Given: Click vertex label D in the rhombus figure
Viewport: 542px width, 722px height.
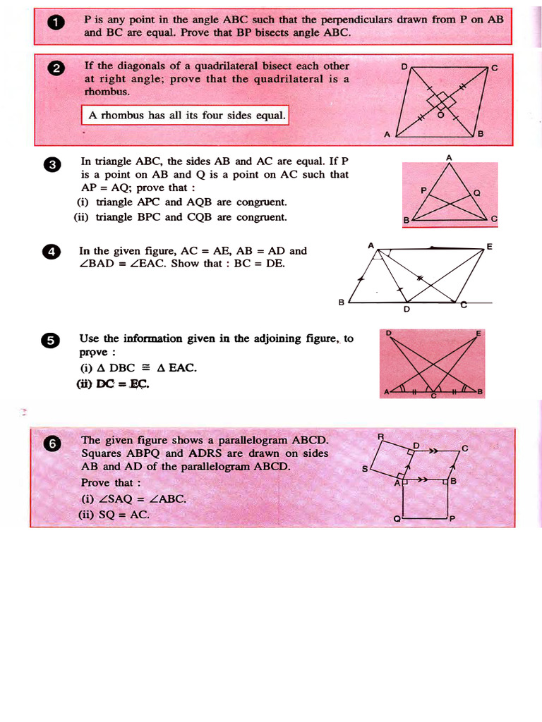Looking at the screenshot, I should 404,67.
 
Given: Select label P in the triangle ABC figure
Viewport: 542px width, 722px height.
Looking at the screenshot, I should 423,190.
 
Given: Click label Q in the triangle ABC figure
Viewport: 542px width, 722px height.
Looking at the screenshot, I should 476,192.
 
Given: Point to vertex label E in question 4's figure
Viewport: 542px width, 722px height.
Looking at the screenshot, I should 489,246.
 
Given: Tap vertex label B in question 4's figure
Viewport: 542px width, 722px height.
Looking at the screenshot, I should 341,302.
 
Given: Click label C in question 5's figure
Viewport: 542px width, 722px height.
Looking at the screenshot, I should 434,397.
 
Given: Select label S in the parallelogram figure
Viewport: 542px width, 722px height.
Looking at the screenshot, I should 365,469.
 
